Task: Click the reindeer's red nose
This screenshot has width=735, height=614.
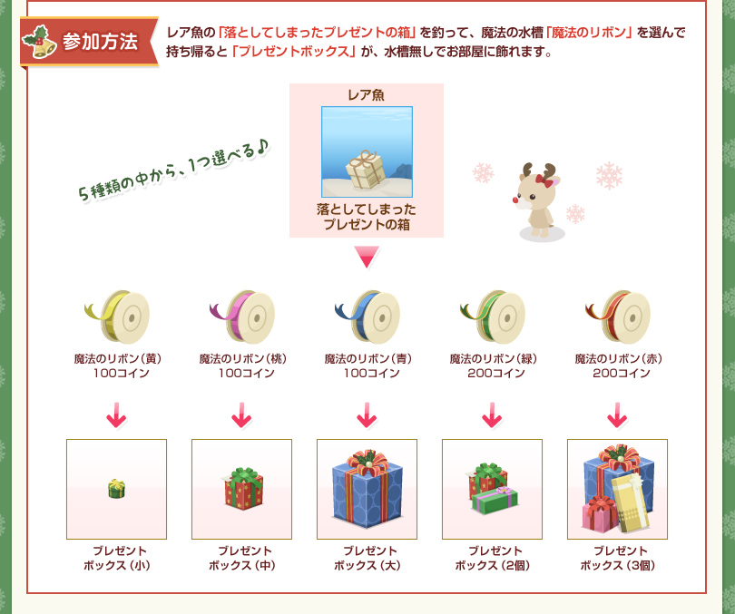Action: [515, 200]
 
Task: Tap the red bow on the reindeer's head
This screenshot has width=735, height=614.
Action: [544, 180]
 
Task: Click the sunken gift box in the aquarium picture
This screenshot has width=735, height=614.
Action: [366, 170]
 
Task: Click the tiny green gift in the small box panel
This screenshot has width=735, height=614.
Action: [116, 489]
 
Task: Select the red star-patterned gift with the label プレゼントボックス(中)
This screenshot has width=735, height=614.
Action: [243, 488]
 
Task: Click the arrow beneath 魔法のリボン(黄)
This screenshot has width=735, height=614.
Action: [116, 415]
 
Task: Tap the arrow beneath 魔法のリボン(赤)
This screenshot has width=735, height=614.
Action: [617, 415]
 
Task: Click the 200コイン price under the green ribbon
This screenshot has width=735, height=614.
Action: [496, 374]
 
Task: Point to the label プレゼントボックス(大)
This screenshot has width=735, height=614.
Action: [367, 558]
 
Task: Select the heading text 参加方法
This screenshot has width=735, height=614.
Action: [101, 42]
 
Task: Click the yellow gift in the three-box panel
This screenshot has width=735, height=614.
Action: [631, 502]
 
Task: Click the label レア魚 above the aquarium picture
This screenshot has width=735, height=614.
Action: [366, 95]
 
